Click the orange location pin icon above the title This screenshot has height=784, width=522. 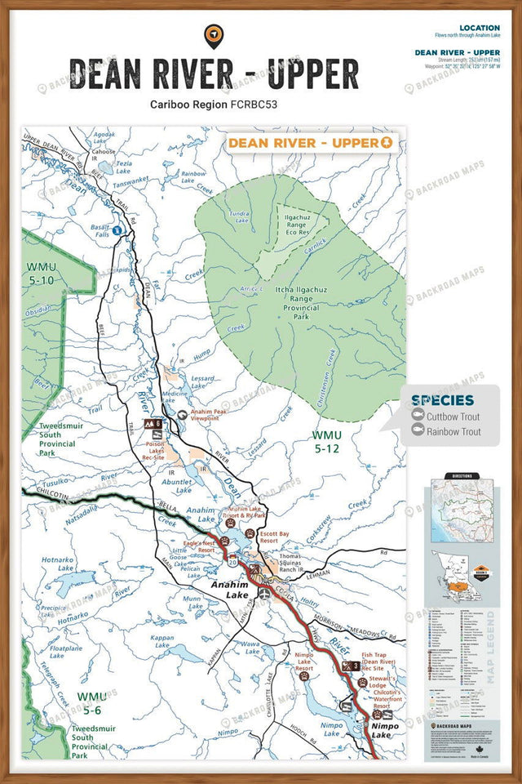[x=214, y=36]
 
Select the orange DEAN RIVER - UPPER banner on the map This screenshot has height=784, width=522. [x=310, y=143]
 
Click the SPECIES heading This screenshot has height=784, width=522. [x=441, y=400]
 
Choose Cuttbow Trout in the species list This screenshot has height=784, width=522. [x=453, y=416]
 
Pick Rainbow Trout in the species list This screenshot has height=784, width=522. [x=453, y=432]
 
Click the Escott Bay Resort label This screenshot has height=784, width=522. [x=275, y=537]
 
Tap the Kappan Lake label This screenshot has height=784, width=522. [x=162, y=642]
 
